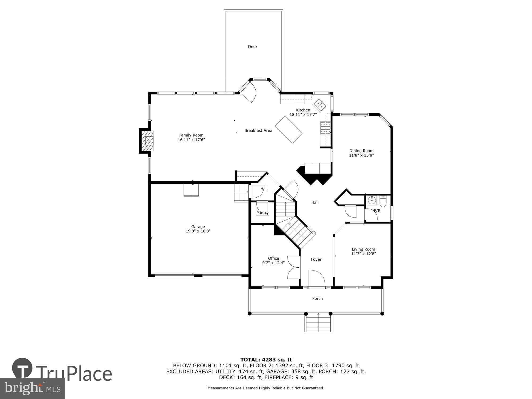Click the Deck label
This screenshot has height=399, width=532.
tap(252, 47)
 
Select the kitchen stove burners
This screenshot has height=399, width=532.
tap(325, 127)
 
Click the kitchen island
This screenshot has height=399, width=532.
tap(289, 130)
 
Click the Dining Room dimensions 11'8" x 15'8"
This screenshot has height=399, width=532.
tap(361, 155)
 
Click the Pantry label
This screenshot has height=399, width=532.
tap(262, 213)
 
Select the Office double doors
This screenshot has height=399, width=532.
tap(293, 267)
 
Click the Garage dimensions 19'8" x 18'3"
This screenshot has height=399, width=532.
tap(198, 231)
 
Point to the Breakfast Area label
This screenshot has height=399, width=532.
tap(258, 131)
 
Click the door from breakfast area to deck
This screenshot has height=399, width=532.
tap(248, 92)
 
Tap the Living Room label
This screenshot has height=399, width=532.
tap(363, 249)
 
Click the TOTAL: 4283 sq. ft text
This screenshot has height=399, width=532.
tap(266, 360)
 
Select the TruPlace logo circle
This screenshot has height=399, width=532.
tap(22, 368)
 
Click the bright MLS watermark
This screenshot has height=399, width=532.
tap(32, 388)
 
